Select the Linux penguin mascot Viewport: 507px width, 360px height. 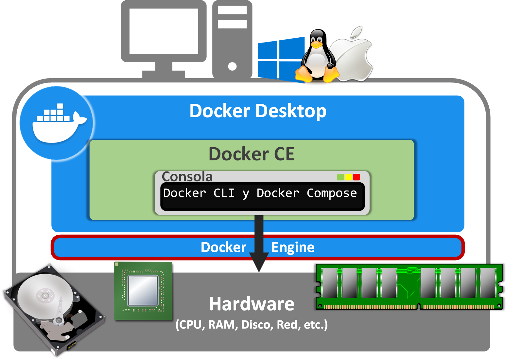pos(317,57)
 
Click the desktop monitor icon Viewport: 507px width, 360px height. pos(164,36)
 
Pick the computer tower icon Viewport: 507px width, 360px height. pos(232,39)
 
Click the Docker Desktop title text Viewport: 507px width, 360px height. pos(258,111)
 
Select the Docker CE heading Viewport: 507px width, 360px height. pos(252,154)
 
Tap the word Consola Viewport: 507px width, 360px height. pos(187,177)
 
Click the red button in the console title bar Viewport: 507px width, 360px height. pos(357,177)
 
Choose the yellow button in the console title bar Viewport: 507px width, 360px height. pos(349,177)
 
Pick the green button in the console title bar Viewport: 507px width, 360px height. pos(341,177)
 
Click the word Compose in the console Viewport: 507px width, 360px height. pos(332,193)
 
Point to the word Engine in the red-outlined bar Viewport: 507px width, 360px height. pos(293,247)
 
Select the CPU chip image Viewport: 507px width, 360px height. pos(143,291)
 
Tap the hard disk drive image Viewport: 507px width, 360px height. pos(54,309)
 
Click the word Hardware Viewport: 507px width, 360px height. pos(252,304)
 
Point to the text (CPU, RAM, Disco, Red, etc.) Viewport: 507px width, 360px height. pos(252,325)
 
